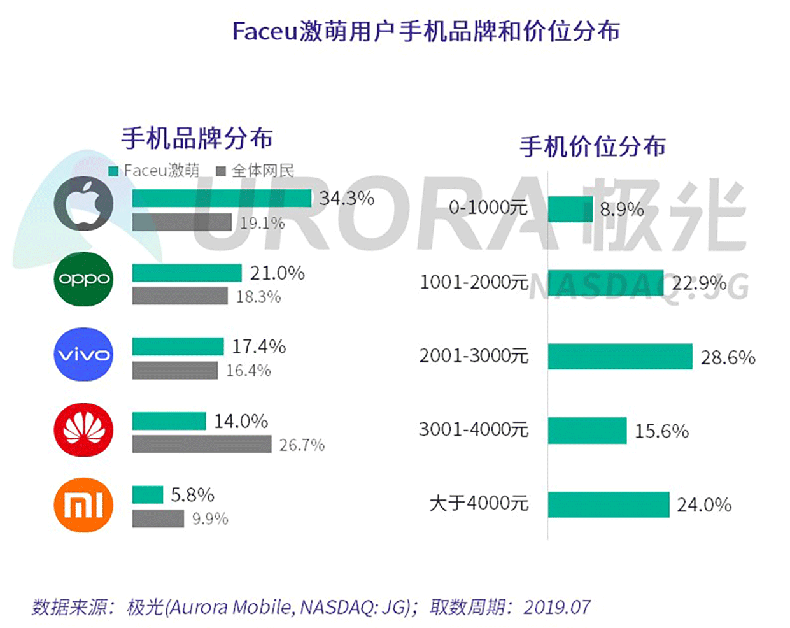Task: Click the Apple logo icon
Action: tap(83, 204)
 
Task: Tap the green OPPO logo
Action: tap(83, 279)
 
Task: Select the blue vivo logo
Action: tap(83, 354)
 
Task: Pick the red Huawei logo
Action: tap(83, 429)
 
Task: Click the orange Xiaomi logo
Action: tap(83, 505)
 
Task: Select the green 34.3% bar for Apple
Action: tap(222, 198)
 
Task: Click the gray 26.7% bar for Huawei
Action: tap(201, 444)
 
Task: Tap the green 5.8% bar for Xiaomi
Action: tap(148, 494)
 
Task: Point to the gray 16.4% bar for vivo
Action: tap(174, 370)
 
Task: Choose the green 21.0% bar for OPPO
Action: tap(187, 273)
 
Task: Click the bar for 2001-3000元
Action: tap(619, 356)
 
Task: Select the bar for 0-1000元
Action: tap(570, 209)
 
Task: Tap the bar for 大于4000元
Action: tap(608, 504)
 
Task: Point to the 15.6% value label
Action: tap(661, 431)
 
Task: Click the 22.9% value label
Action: tap(698, 283)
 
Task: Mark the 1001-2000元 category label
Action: tap(474, 282)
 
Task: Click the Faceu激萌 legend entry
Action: tap(155, 171)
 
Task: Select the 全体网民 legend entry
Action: tap(255, 171)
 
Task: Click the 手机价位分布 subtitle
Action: tap(592, 146)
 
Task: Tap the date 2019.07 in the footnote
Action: tap(557, 607)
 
